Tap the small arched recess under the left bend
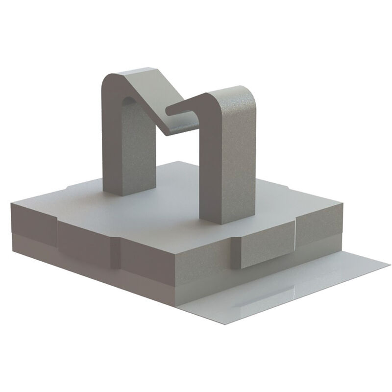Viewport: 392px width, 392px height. [126, 100]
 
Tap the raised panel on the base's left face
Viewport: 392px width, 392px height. [88, 240]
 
